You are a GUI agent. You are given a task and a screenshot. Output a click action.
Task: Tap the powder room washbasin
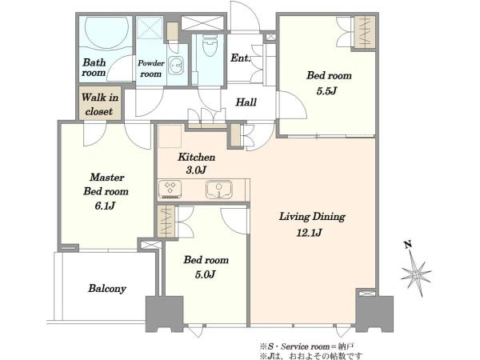pyautogui.click(x=177, y=65)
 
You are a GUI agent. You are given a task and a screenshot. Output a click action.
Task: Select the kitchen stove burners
pyautogui.click(x=170, y=189)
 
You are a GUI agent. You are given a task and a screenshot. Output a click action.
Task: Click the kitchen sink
pyautogui.click(x=219, y=190)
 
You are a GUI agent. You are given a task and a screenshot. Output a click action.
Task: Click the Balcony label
pyautogui.click(x=107, y=289)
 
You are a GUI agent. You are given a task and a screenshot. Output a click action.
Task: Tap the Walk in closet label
pyautogui.click(x=99, y=104)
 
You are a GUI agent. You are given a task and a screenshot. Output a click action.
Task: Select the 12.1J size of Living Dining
pyautogui.click(x=309, y=233)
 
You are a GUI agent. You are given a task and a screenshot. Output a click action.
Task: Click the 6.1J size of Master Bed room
pyautogui.click(x=105, y=206)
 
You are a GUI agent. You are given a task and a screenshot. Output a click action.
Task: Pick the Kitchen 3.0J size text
pyautogui.click(x=196, y=170)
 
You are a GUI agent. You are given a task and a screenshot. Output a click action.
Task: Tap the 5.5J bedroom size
pyautogui.click(x=326, y=91)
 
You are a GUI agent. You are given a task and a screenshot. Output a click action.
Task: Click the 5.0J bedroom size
pyautogui.click(x=205, y=274)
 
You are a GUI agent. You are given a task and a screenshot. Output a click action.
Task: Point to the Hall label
pyautogui.click(x=246, y=102)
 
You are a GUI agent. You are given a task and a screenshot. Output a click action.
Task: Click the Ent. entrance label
pyautogui.click(x=240, y=58)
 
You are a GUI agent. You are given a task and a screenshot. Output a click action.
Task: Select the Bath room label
pyautogui.click(x=94, y=67)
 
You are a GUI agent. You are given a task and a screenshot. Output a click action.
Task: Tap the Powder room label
pyautogui.click(x=151, y=68)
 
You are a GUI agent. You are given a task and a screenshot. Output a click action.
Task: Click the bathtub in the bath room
pyautogui.click(x=106, y=33)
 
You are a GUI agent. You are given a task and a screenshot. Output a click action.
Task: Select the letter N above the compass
pyautogui.click(x=407, y=244)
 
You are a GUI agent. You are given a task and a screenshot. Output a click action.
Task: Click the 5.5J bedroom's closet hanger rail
pyautogui.click(x=365, y=32)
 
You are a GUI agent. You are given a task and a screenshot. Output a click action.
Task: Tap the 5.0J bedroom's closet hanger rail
pyautogui.click(x=166, y=222)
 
